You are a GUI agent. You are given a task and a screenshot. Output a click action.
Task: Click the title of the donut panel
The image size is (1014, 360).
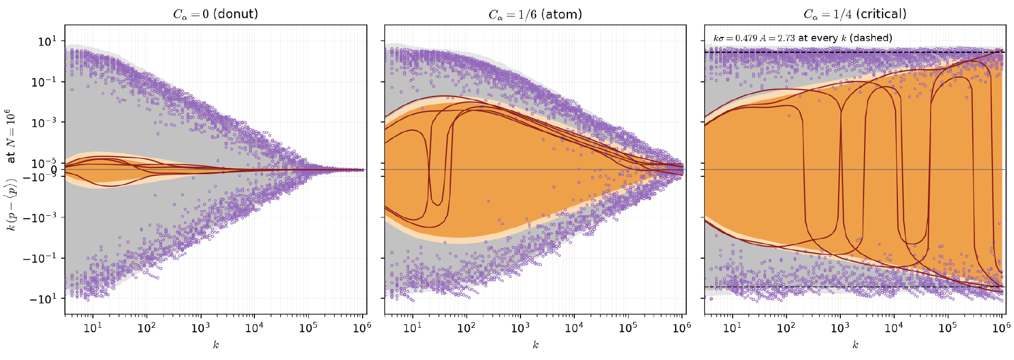click(216, 14)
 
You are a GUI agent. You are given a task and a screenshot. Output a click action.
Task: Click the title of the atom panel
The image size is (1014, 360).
click(535, 14)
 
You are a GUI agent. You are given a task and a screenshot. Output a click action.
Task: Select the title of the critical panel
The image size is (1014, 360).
click(855, 14)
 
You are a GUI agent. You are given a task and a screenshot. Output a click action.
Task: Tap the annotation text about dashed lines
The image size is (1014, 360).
click(803, 38)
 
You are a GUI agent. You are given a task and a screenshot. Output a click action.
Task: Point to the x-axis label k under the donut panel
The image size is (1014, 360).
click(216, 345)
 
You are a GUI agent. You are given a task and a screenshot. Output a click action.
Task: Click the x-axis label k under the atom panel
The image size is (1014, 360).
click(535, 345)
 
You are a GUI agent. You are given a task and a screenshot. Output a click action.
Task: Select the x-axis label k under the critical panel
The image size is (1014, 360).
click(855, 345)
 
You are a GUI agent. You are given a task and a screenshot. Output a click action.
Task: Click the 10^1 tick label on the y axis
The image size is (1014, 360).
click(48, 41)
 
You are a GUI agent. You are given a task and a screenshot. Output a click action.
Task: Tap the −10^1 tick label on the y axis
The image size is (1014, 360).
click(43, 299)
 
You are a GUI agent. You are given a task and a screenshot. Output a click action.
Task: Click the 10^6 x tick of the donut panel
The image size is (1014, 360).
click(362, 328)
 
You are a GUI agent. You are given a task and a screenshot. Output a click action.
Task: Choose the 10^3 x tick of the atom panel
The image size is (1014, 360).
click(520, 328)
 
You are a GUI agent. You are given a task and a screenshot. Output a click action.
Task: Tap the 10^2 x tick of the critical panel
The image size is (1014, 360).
click(786, 328)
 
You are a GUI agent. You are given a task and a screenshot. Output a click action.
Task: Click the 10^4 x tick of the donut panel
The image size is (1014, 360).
click(254, 328)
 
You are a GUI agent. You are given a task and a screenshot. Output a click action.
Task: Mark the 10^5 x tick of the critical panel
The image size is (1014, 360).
click(948, 328)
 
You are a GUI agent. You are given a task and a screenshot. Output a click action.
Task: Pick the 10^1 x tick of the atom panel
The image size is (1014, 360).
click(413, 328)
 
